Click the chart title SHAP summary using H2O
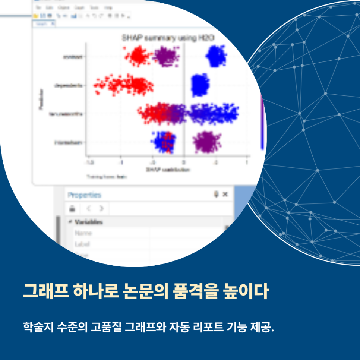coord(168,38)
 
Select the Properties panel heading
coord(84,195)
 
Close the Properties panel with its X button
coord(225,194)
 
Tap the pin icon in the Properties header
coord(216,194)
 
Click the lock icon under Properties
coord(72,209)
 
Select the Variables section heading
coord(88,222)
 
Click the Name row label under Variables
coord(83,233)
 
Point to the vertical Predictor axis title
coord(41,99)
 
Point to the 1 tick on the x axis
coord(247,163)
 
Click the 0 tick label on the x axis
coord(183,163)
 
